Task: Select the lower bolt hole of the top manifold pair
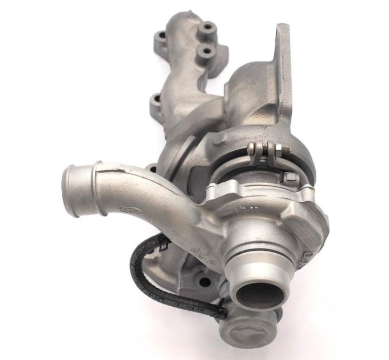[205, 52]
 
